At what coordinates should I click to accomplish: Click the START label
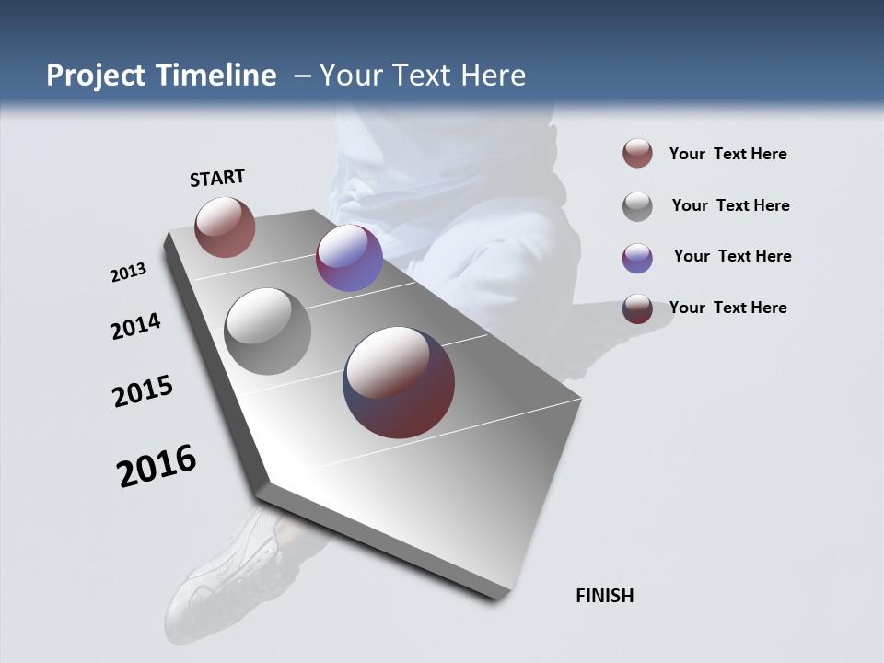pos(217,178)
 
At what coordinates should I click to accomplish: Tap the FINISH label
pos(604,596)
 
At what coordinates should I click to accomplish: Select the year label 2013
pos(128,272)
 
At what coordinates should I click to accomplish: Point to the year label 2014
pos(135,326)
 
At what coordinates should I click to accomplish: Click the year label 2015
pos(143,391)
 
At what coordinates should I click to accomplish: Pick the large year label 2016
pos(157,466)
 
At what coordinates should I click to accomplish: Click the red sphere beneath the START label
pos(225,227)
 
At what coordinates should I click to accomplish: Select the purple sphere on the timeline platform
pos(349,258)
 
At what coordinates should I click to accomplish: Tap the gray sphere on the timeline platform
pos(268,331)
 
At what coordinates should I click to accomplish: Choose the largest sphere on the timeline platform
pos(399,382)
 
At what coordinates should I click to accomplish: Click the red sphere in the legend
pos(637,153)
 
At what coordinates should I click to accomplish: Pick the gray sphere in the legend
pos(637,205)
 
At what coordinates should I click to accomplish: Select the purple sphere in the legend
pos(637,257)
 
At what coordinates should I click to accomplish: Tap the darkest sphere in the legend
pos(637,308)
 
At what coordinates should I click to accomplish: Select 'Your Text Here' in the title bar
pos(423,76)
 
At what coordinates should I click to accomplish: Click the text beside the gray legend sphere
pos(730,205)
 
